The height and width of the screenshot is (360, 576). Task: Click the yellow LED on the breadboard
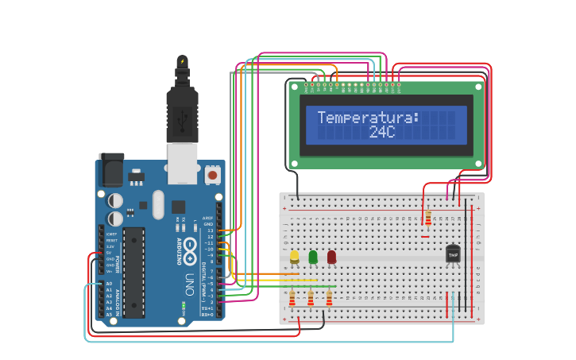[x=295, y=257]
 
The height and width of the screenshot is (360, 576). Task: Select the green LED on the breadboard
[x=313, y=257]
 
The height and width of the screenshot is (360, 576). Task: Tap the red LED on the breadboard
[x=331, y=257]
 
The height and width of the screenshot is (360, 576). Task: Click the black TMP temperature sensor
[x=453, y=254]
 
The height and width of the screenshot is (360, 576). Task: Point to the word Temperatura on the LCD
[x=368, y=118]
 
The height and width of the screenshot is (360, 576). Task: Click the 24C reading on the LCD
[x=382, y=132]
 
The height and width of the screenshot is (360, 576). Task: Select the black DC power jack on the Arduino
[x=111, y=170]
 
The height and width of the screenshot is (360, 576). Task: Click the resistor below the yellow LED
[x=292, y=298]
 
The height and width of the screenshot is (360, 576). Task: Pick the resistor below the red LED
[x=328, y=298]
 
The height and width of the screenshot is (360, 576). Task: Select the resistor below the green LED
[x=310, y=298]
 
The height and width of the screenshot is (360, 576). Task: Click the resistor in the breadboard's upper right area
[x=428, y=218]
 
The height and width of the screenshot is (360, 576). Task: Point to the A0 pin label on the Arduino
[x=109, y=284]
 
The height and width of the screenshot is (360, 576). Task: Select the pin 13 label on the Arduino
[x=211, y=230]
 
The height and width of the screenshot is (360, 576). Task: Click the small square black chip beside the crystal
[x=178, y=206]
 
